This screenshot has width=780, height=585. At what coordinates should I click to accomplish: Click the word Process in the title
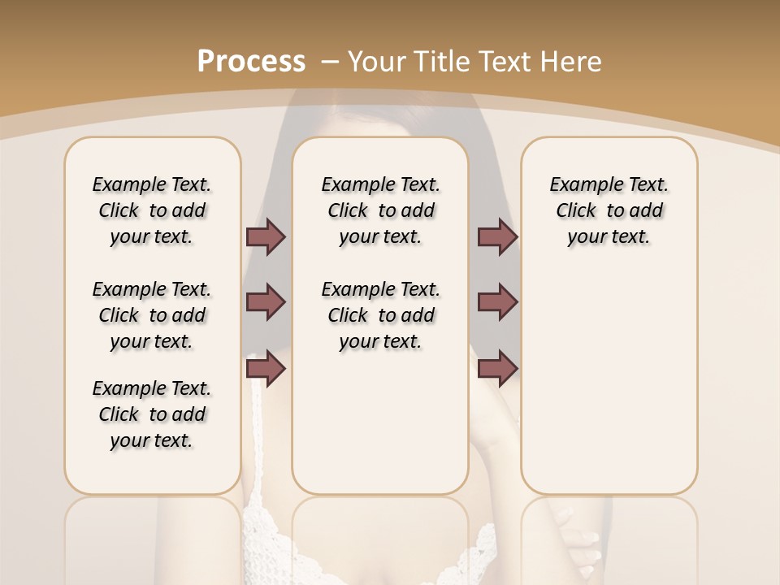(x=251, y=61)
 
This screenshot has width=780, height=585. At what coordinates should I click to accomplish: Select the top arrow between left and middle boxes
(x=266, y=236)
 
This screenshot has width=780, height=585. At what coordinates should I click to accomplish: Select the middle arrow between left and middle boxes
(x=266, y=302)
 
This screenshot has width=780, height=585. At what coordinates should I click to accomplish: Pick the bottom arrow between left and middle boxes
(x=266, y=369)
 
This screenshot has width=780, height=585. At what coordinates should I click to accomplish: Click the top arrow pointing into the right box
(x=497, y=236)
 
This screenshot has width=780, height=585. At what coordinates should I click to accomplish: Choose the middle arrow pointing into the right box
(x=497, y=302)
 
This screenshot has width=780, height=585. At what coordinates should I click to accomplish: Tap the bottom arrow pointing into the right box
(x=497, y=369)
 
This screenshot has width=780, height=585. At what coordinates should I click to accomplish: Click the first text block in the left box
(x=152, y=210)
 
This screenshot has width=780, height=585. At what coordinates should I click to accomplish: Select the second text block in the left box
(x=152, y=315)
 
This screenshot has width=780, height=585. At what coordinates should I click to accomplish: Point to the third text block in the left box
(x=152, y=414)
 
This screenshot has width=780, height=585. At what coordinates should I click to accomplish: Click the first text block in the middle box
(x=380, y=210)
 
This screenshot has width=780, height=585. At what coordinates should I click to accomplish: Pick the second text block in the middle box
(x=380, y=315)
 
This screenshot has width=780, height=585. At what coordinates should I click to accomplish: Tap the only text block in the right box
(x=609, y=210)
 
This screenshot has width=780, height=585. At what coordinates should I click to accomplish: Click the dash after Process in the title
(x=330, y=61)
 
